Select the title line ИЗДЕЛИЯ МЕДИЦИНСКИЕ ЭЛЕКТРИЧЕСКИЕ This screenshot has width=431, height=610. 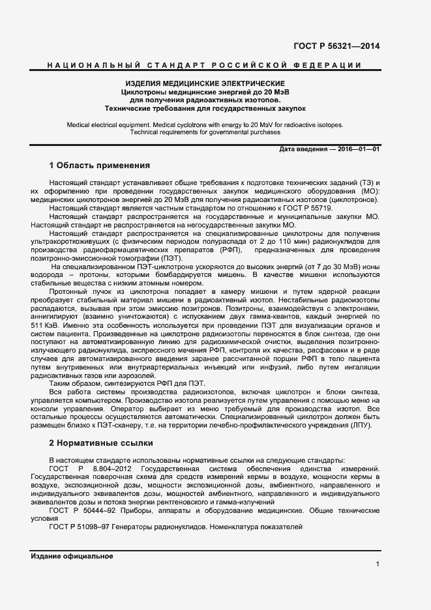[205, 84]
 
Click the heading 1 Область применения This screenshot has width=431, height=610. [100, 166]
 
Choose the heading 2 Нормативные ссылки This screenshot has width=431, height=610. [101, 443]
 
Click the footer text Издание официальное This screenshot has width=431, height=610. [72, 556]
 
